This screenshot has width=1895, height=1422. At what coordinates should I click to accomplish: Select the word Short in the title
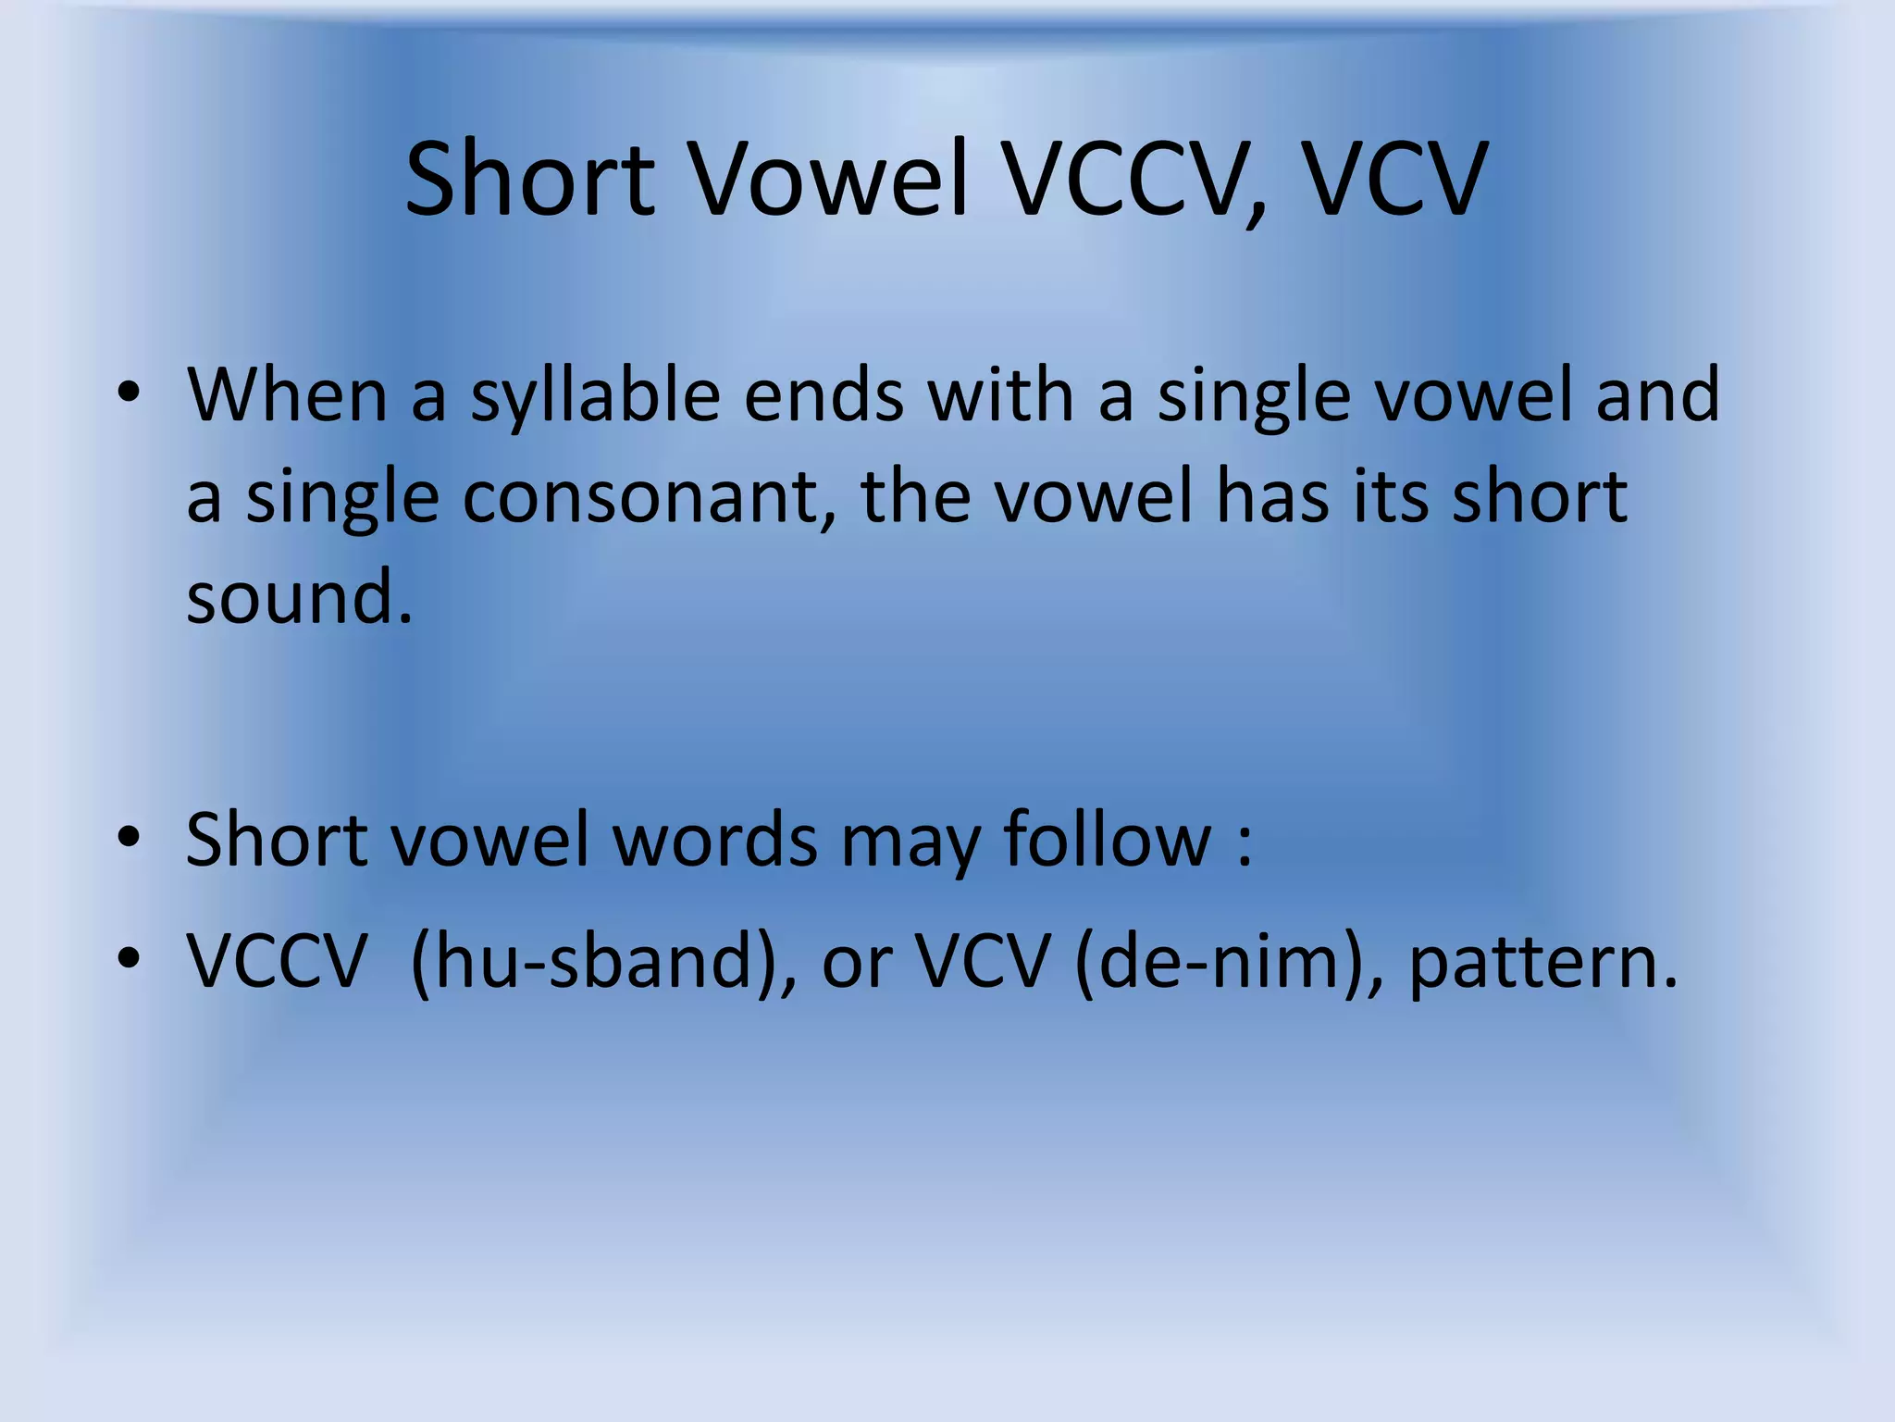pyautogui.click(x=530, y=179)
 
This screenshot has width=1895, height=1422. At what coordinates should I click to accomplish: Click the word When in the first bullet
pyautogui.click(x=287, y=395)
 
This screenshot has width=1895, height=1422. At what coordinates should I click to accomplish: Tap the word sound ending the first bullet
pyautogui.click(x=298, y=597)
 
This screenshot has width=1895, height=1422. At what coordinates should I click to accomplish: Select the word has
pyautogui.click(x=1274, y=497)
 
